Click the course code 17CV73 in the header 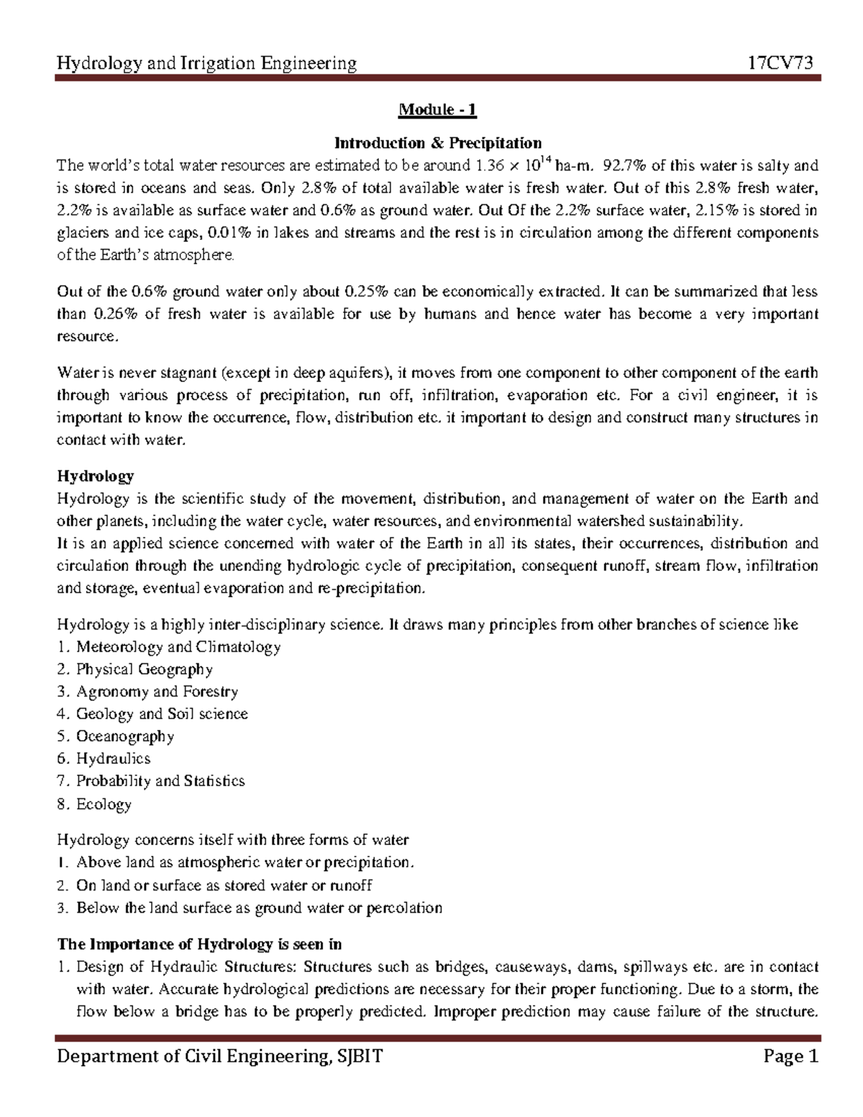click(781, 63)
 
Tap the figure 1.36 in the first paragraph click(489, 165)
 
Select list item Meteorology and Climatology click(178, 647)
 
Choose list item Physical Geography click(144, 669)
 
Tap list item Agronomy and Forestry click(157, 691)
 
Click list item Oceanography click(125, 736)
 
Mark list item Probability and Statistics click(160, 780)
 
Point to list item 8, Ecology click(104, 804)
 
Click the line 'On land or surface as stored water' click(224, 885)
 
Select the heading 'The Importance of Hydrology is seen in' click(199, 944)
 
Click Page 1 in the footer click(791, 1057)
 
